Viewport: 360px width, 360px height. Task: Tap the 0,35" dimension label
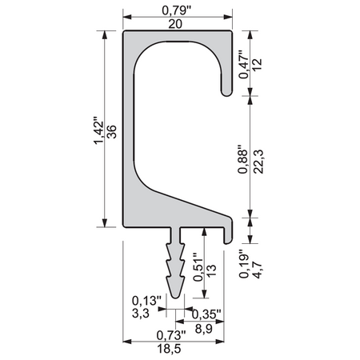[207, 314]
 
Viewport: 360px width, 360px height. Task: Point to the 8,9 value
[207, 328]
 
